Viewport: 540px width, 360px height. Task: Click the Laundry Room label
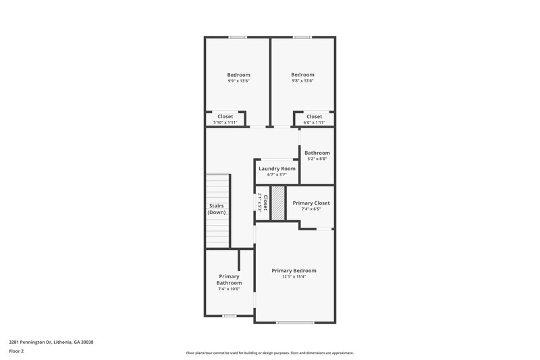tap(277, 168)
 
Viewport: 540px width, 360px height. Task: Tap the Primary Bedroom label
tap(294, 270)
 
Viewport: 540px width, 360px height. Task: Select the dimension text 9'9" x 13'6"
tap(238, 81)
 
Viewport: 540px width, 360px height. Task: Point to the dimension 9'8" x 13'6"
tap(302, 81)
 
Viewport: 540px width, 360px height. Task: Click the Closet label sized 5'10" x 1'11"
tap(225, 116)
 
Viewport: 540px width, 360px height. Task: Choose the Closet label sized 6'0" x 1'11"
tap(314, 116)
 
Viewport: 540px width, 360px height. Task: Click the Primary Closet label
tap(310, 203)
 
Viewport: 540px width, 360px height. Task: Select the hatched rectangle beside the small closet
tap(277, 202)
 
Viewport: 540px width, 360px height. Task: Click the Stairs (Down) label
tap(217, 209)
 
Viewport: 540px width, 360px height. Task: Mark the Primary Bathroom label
tap(229, 280)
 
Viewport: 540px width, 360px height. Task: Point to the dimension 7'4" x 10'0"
tap(229, 289)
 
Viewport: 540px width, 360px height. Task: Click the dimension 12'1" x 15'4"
tap(294, 277)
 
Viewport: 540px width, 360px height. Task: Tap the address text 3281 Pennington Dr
tap(51, 342)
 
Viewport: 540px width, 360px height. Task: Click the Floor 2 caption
tap(16, 351)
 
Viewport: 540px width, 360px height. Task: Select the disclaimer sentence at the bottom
tap(269, 353)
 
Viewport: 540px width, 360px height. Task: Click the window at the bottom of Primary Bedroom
tap(295, 323)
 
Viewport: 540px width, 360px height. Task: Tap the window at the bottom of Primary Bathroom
tap(229, 315)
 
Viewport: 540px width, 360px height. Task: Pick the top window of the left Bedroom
tap(238, 37)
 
